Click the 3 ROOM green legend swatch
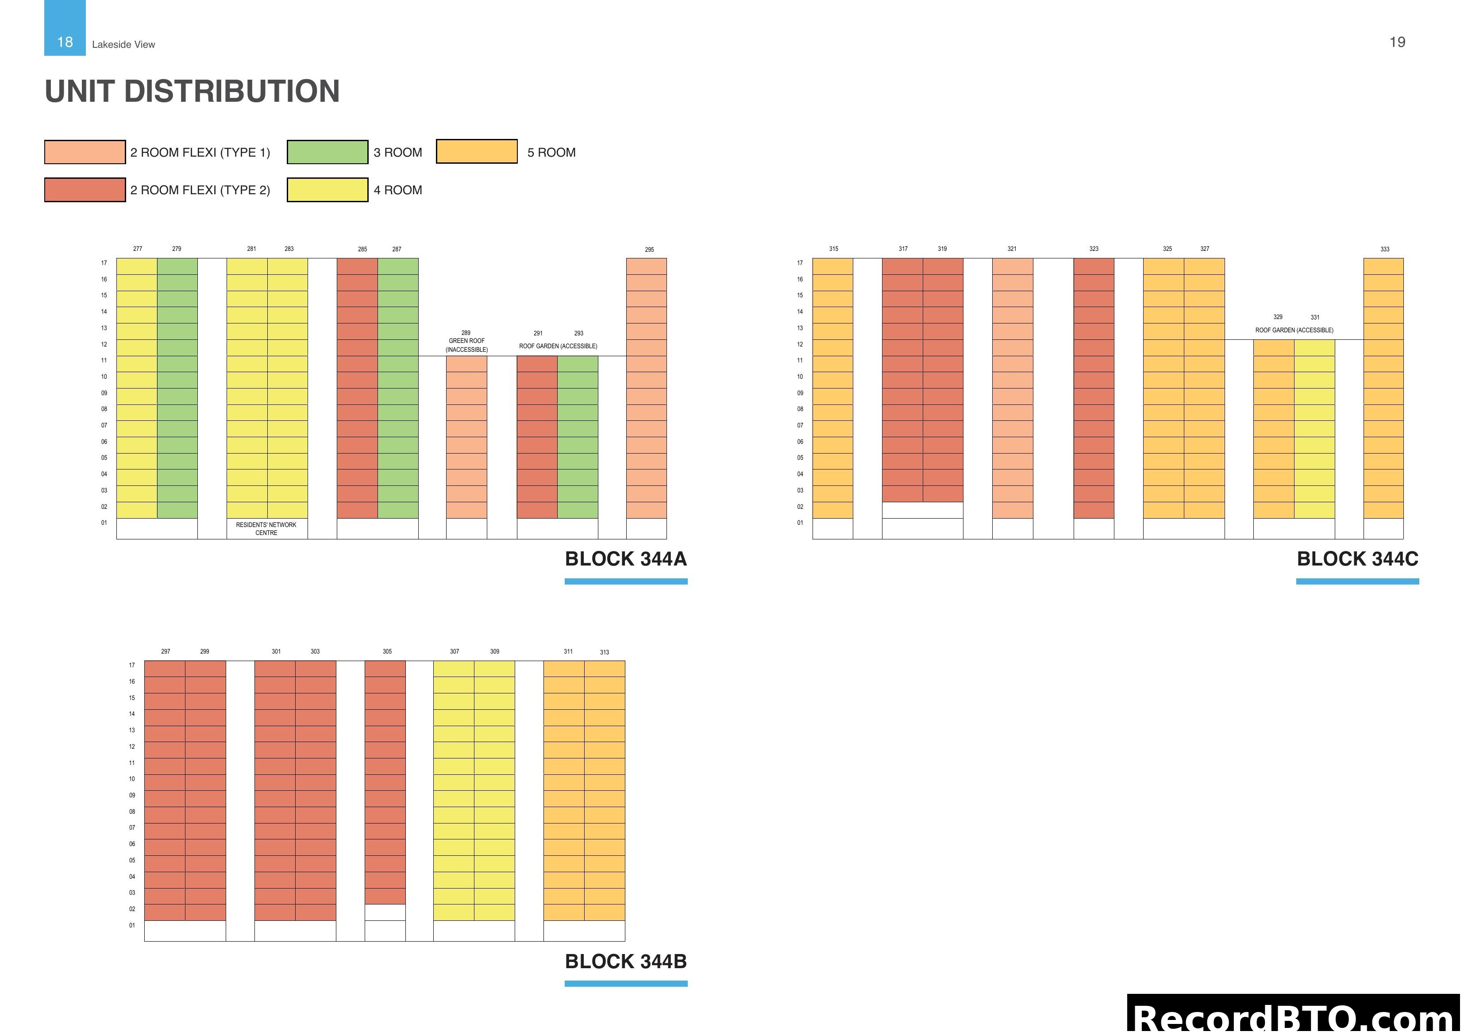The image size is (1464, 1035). pos(327,152)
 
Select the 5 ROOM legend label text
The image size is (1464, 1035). pos(551,152)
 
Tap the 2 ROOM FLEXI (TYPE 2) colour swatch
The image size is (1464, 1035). pos(85,190)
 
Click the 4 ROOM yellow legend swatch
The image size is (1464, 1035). pos(327,190)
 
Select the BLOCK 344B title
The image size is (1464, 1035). pos(625,962)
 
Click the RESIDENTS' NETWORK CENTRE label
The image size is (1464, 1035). pos(266,529)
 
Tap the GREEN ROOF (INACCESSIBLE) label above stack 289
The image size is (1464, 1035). pos(466,345)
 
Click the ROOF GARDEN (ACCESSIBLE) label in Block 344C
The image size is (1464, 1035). pos(1294,331)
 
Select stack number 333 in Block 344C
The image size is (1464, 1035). pos(1384,249)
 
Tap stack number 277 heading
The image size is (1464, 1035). pos(138,249)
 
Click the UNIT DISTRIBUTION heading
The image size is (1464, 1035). pos(192,91)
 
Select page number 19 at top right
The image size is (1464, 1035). pos(1396,42)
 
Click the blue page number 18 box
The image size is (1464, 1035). pos(65,29)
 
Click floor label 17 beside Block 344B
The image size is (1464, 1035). pos(132,665)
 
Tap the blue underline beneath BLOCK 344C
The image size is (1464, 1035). pos(1357,581)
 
